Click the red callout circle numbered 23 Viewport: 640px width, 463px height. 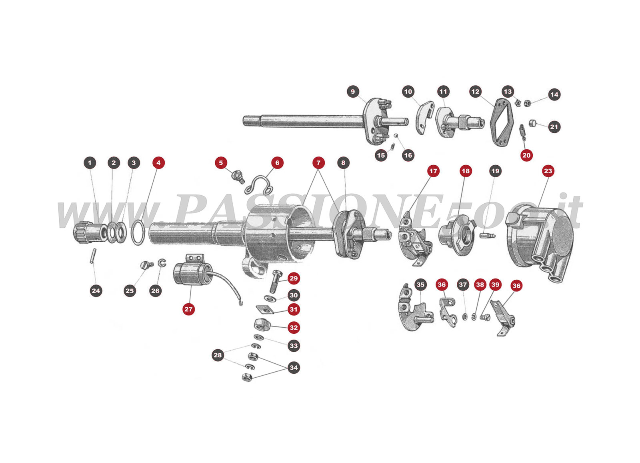(548, 171)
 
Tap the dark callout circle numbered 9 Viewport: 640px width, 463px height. (352, 92)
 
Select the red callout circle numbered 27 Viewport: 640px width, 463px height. (188, 309)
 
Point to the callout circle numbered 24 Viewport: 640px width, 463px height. (96, 291)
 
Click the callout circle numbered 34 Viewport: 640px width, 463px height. (294, 367)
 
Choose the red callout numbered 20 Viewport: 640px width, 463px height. (526, 155)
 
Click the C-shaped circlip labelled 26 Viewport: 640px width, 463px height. (162, 263)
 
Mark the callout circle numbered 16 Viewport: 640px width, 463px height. (408, 155)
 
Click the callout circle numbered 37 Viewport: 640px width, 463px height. (463, 285)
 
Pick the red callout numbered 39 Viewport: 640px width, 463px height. (495, 285)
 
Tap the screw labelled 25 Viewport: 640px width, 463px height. (146, 265)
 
